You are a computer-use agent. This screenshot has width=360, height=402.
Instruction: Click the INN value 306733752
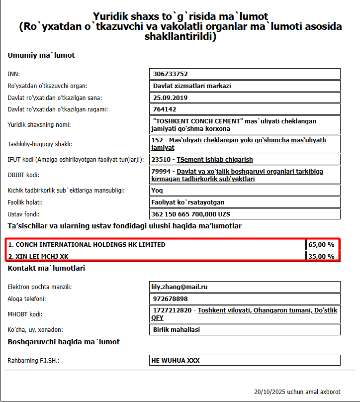point(171,74)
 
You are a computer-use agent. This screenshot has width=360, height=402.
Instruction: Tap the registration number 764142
point(165,109)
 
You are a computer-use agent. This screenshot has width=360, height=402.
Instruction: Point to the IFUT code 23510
point(161,160)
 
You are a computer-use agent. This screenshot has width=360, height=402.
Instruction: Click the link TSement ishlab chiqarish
point(215,160)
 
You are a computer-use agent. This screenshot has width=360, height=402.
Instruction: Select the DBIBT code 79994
point(161,171)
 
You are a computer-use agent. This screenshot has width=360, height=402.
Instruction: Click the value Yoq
point(157,190)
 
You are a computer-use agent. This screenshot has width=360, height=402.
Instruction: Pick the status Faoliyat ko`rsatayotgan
point(188,202)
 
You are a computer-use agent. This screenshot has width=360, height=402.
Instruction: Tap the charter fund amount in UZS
point(190,214)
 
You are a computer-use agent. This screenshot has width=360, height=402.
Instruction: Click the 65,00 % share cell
point(321,245)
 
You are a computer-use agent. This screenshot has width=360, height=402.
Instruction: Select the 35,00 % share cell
point(321,257)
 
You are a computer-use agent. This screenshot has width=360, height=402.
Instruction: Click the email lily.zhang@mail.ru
point(179,287)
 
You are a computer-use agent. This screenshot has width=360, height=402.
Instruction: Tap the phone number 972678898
point(170,299)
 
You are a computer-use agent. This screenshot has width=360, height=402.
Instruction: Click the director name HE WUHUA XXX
point(176,361)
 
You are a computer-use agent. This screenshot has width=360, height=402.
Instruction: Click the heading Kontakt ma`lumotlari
point(46,268)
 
